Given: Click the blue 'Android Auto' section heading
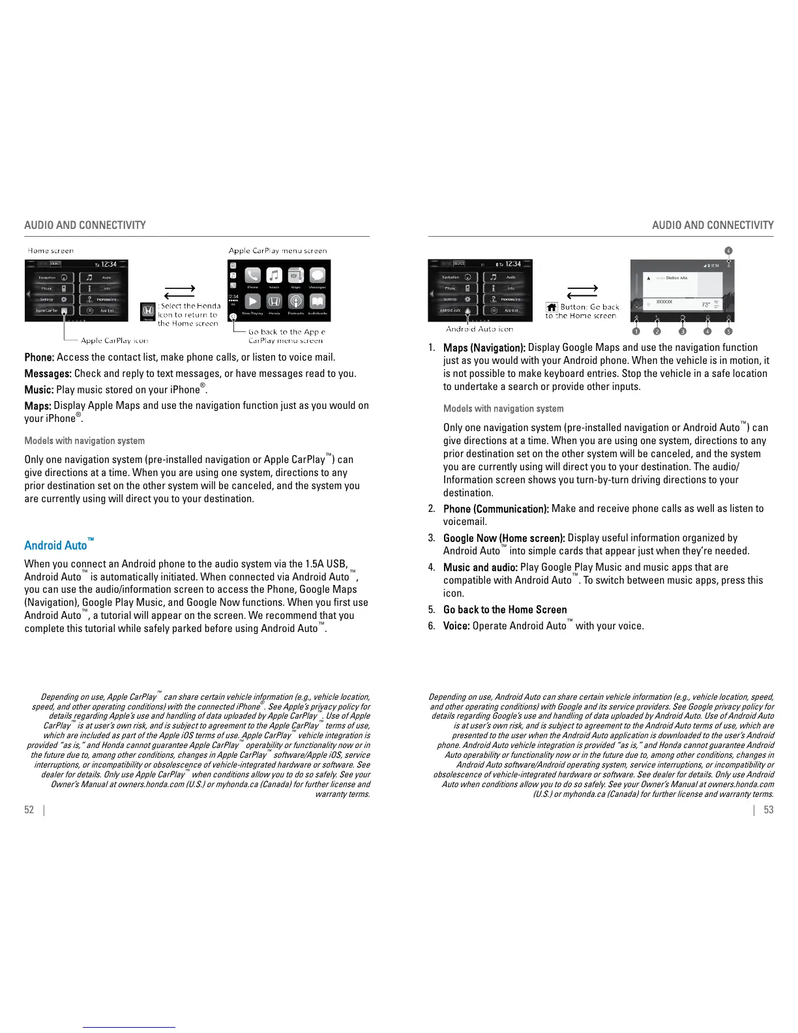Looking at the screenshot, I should tap(56, 545).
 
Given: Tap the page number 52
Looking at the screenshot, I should tap(29, 809).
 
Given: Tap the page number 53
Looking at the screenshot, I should tap(769, 809).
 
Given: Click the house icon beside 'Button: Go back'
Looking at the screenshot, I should tap(552, 307).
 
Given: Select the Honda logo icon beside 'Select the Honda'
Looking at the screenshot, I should tap(148, 310).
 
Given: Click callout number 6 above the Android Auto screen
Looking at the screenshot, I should tap(728, 250).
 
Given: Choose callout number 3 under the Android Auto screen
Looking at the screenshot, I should tap(683, 331).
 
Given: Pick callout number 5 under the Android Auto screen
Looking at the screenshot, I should tap(728, 331).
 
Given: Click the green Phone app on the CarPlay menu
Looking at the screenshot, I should tap(252, 276).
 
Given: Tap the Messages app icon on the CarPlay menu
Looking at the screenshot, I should tap(318, 276).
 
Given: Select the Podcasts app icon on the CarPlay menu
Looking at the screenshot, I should tap(295, 301).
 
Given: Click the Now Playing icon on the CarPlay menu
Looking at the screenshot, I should tap(252, 301).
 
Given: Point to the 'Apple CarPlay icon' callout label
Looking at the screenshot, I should tap(115, 340).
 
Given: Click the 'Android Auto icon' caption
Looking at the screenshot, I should tap(479, 329).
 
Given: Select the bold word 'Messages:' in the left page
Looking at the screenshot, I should tap(48, 374).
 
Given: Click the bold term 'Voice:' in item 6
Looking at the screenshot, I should tap(456, 626).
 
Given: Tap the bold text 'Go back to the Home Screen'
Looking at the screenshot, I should tap(505, 610).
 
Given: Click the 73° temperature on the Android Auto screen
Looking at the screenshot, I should tap(705, 305).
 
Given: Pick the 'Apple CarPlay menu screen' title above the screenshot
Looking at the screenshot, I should tap(278, 250).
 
